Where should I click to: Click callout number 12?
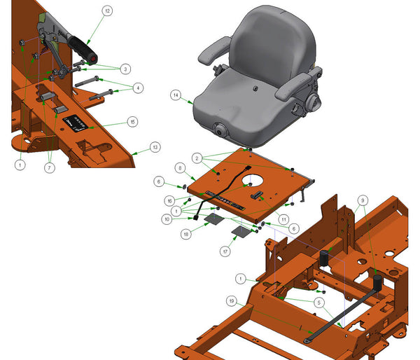tap(106, 11)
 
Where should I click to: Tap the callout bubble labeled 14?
tap(176, 94)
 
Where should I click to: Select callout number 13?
tap(155, 147)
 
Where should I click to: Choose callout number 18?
tap(186, 234)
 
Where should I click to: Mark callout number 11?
tap(283, 219)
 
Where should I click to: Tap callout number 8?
tap(180, 168)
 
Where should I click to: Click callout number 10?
tap(167, 219)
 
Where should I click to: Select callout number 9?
tap(361, 200)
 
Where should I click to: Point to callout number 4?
tap(139, 88)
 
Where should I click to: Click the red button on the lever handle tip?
tap(94, 58)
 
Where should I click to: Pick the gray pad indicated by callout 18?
tap(214, 219)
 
